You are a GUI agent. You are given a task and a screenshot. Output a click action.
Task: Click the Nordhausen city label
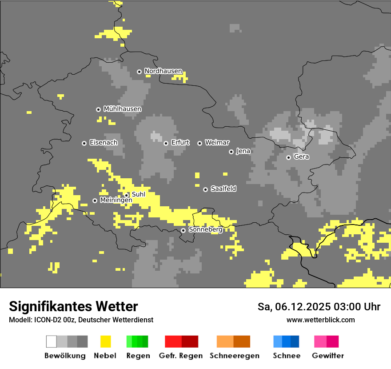pyautogui.click(x=163, y=71)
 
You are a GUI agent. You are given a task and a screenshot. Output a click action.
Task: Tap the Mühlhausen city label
pyautogui.click(x=122, y=109)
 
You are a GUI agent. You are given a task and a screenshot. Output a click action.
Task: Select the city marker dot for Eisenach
pyautogui.click(x=84, y=143)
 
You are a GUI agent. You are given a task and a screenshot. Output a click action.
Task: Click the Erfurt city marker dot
pyautogui.click(x=166, y=143)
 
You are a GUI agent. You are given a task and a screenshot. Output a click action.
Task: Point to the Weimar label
pyautogui.click(x=217, y=143)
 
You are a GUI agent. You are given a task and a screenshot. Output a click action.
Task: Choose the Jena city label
pyautogui.click(x=243, y=151)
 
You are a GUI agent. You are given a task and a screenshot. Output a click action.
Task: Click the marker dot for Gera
pyautogui.click(x=288, y=157)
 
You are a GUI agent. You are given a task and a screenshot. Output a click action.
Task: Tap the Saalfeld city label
pyautogui.click(x=223, y=189)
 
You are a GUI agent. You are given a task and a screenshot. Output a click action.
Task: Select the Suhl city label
pyautogui.click(x=139, y=194)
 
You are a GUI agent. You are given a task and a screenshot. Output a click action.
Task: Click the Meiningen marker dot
pyautogui.click(x=95, y=201)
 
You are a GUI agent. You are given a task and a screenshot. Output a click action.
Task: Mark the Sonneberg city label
pyautogui.click(x=205, y=230)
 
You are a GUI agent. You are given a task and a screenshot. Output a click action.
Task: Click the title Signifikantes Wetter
pyautogui.click(x=73, y=306)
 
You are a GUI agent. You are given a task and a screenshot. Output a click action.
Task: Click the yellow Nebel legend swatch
pyautogui.click(x=106, y=341)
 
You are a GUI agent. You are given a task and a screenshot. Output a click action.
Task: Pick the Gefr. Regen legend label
pyautogui.click(x=181, y=356)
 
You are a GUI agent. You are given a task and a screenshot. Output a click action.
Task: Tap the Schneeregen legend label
pyautogui.click(x=234, y=356)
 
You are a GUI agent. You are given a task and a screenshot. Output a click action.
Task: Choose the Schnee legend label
pyautogui.click(x=287, y=356)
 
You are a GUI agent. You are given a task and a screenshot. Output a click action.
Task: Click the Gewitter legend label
pyautogui.click(x=327, y=356)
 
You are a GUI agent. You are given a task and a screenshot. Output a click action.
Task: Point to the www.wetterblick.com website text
pyautogui.click(x=320, y=320)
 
